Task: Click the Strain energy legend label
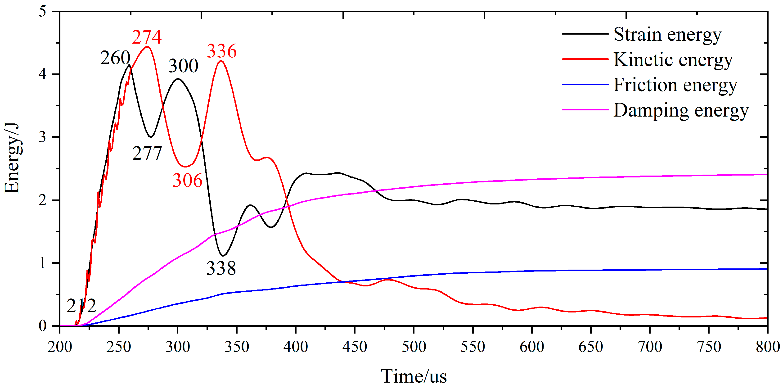(667, 35)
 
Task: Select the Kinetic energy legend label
(673, 60)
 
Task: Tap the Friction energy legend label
(675, 85)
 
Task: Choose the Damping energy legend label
(681, 110)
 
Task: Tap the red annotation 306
(188, 180)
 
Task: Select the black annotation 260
(115, 58)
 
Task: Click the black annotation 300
(183, 66)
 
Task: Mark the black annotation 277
(147, 153)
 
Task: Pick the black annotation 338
(221, 268)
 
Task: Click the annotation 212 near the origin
(81, 306)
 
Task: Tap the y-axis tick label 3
(43, 137)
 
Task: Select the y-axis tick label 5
(43, 12)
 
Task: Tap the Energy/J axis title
(12, 158)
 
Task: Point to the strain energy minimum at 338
(223, 255)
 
